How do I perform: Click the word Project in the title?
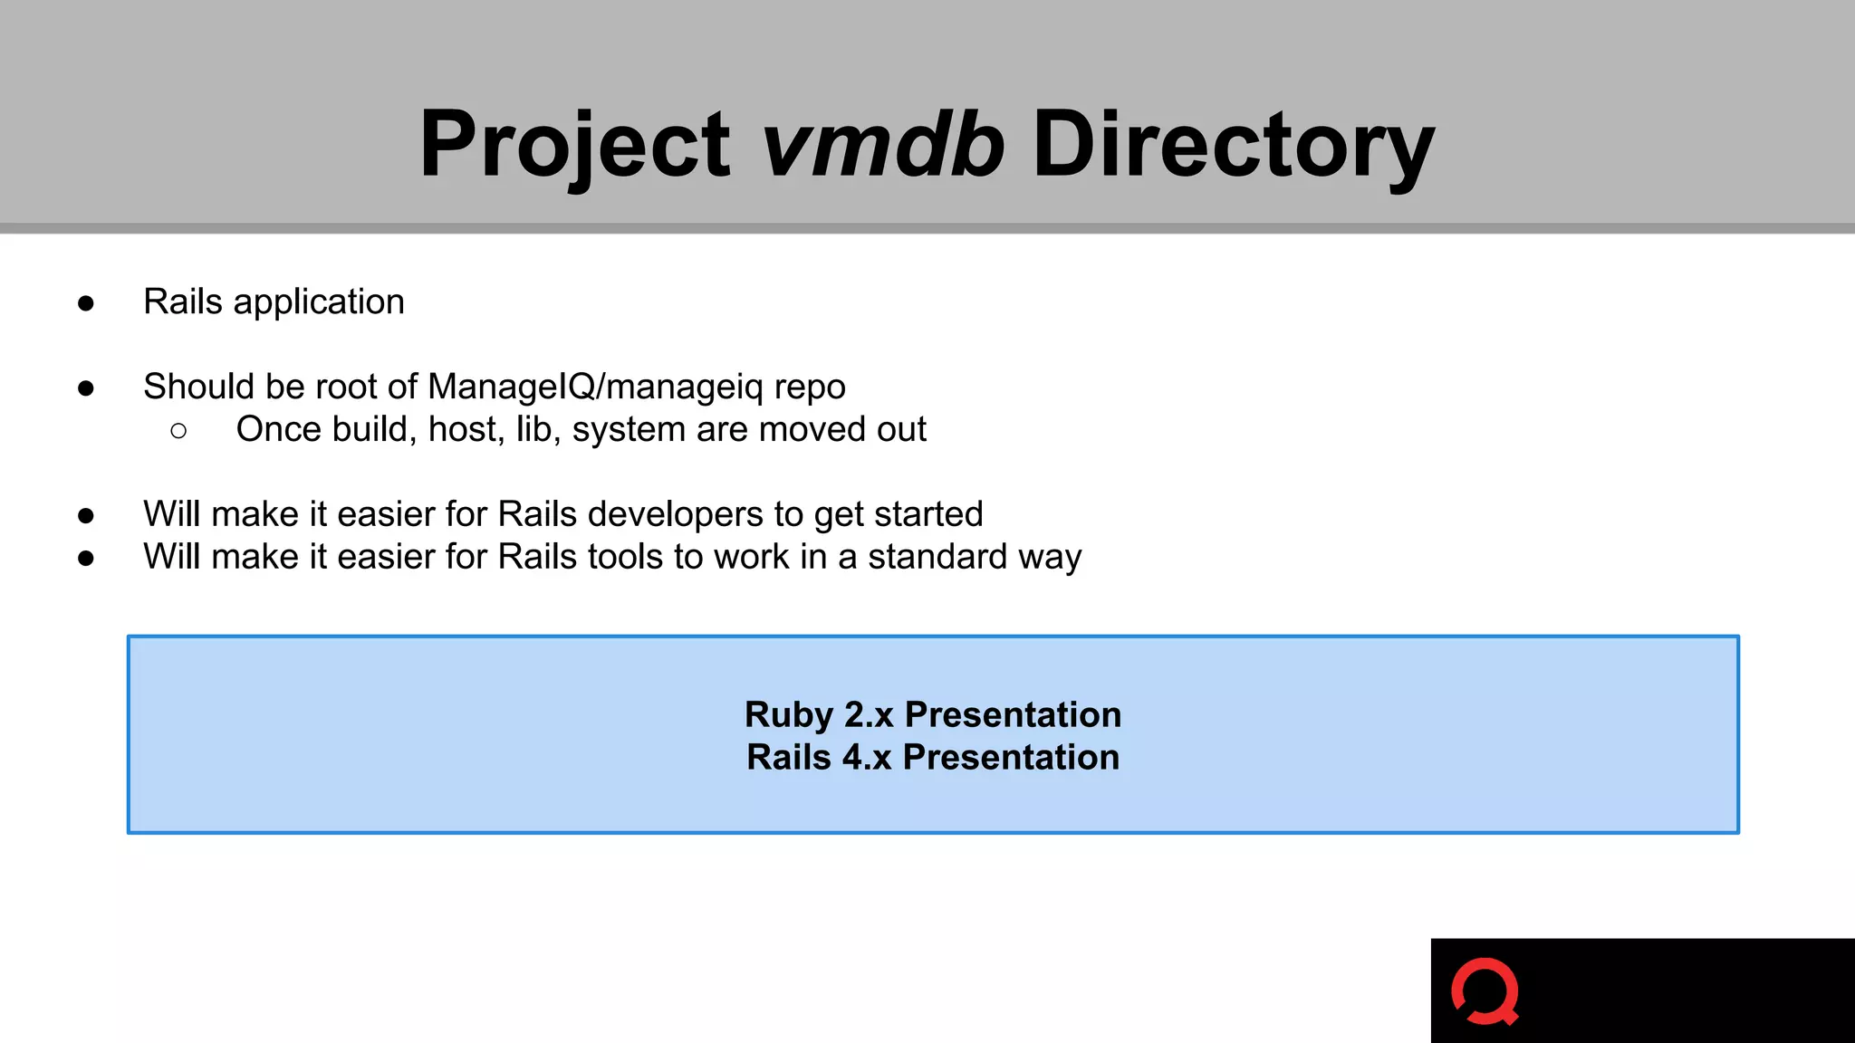click(x=574, y=145)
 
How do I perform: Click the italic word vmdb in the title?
click(x=882, y=145)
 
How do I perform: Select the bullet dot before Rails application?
click(x=86, y=303)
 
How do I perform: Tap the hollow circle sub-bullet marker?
click(x=178, y=431)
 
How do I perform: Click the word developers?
click(x=676, y=515)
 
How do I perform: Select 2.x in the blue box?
click(x=869, y=715)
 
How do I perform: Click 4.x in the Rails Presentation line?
click(x=867, y=758)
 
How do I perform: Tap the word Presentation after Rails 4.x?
click(x=1011, y=758)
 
